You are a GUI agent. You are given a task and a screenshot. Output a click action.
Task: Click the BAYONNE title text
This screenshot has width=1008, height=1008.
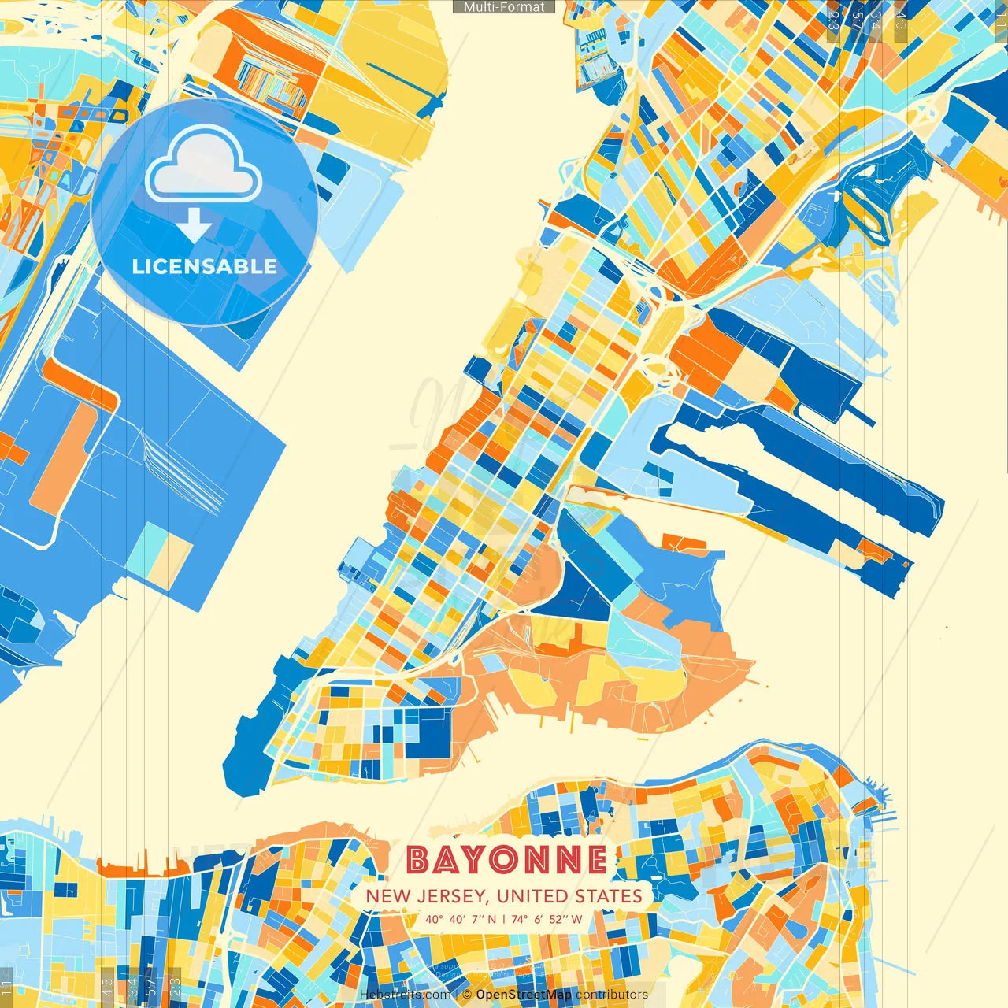tap(507, 860)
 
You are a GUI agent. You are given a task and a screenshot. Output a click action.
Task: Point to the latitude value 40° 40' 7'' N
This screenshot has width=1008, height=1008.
tap(461, 919)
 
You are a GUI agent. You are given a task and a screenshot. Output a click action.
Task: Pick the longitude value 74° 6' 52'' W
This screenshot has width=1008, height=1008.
tap(547, 919)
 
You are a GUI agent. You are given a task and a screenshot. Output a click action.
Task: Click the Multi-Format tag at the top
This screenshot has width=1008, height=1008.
tap(504, 7)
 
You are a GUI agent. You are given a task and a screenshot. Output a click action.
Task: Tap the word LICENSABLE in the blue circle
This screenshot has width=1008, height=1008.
tap(205, 266)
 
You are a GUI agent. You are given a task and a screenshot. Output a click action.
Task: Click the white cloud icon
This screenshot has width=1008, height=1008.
tap(203, 165)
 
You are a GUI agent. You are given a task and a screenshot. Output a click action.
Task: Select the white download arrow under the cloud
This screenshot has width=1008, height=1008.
tap(194, 226)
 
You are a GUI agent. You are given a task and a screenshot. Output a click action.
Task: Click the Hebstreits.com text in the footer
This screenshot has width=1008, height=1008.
tap(405, 995)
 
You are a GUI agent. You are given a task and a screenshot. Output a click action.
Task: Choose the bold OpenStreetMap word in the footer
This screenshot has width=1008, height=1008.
tap(524, 995)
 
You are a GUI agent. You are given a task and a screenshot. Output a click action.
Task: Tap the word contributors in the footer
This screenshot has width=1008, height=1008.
tap(612, 995)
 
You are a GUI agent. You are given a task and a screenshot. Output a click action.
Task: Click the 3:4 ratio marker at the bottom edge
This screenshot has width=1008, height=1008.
tap(132, 987)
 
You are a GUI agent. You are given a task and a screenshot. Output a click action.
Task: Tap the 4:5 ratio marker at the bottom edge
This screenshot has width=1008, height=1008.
tap(107, 987)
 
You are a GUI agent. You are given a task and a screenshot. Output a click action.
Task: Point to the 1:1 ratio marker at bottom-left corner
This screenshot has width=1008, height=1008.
tap(7, 987)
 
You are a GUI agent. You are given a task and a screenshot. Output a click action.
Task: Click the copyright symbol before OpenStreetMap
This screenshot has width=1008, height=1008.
tap(467, 995)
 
